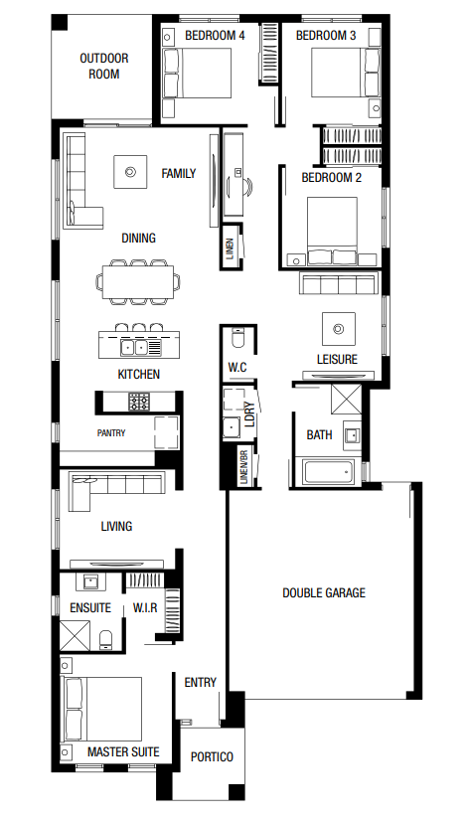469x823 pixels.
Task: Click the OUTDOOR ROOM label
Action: [104, 67]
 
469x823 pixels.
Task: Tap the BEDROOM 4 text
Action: [215, 36]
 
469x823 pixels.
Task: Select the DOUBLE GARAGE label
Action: [324, 593]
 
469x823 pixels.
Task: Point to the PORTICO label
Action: [212, 756]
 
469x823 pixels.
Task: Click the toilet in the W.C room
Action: [238, 339]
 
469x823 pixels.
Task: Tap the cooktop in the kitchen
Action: [138, 402]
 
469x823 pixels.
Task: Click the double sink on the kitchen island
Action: [135, 347]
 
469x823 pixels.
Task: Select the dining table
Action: [138, 281]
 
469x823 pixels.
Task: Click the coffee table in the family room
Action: [130, 171]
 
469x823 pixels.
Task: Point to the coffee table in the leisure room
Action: [339, 329]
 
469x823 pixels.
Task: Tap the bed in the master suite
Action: [102, 709]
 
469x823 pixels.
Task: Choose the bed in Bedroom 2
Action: [332, 231]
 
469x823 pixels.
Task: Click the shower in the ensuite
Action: [75, 635]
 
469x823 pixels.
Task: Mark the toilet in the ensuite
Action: [106, 641]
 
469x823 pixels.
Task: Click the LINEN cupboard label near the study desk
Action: [230, 247]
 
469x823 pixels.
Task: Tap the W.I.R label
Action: [145, 607]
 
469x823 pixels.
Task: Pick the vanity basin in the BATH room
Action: [352, 435]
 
